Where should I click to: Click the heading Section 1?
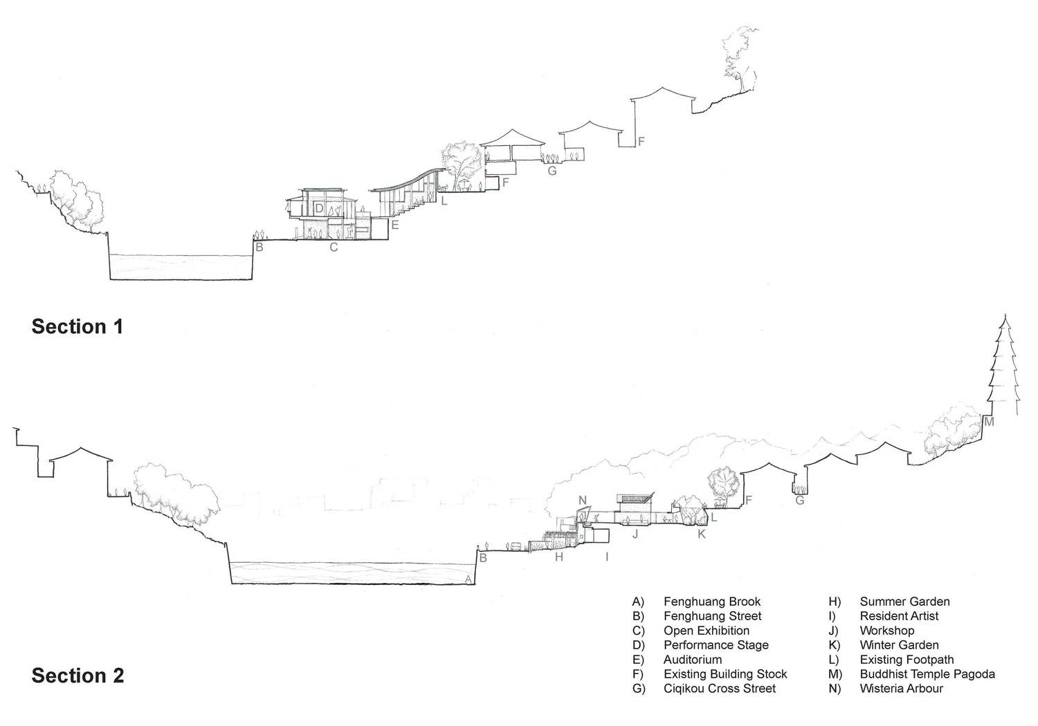pyautogui.click(x=77, y=326)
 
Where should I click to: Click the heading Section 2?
pyautogui.click(x=78, y=676)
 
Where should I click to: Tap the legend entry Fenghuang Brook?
pyautogui.click(x=711, y=602)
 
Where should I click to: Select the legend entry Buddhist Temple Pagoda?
pyautogui.click(x=927, y=674)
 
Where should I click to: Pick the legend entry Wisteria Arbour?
pyautogui.click(x=901, y=689)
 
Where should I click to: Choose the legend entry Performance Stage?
pyautogui.click(x=716, y=645)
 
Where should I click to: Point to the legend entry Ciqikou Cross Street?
pyautogui.click(x=719, y=689)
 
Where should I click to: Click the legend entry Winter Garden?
pyautogui.click(x=899, y=645)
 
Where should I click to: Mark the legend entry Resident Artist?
pyautogui.click(x=899, y=616)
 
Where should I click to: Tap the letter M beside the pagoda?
pyautogui.click(x=989, y=421)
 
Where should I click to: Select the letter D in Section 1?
pyautogui.click(x=319, y=207)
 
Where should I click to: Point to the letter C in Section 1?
pyautogui.click(x=334, y=247)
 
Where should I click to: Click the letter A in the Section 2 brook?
pyautogui.click(x=468, y=579)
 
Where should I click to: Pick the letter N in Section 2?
pyautogui.click(x=583, y=501)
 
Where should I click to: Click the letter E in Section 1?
pyautogui.click(x=395, y=225)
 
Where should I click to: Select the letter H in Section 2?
pyautogui.click(x=559, y=557)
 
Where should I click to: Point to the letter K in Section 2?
pyautogui.click(x=701, y=534)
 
